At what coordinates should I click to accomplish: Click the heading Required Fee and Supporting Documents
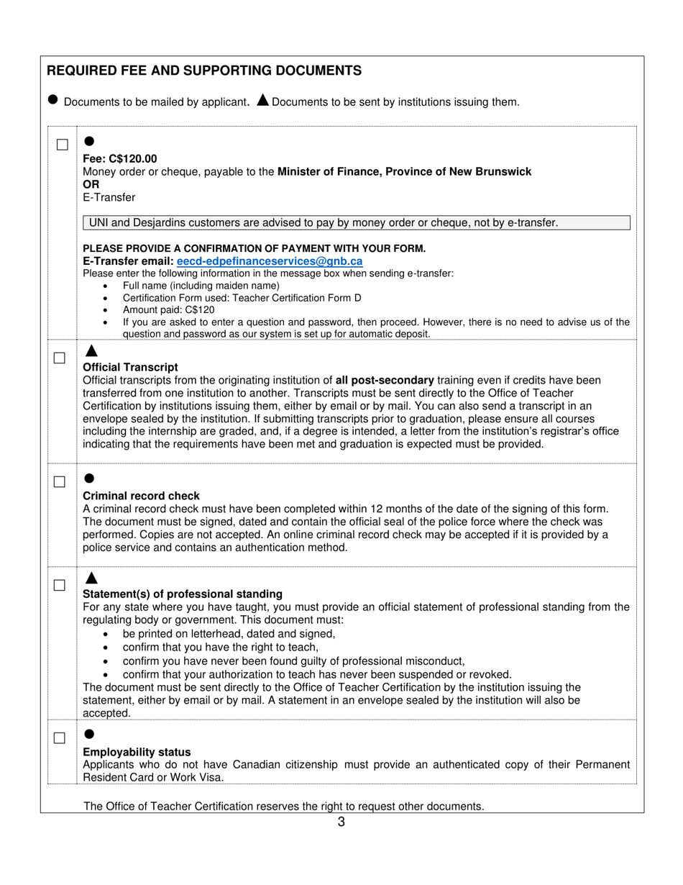[x=204, y=71]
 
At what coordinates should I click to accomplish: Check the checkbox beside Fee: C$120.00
[x=63, y=145]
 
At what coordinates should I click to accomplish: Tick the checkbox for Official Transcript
[x=60, y=358]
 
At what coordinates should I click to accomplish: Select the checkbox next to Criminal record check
[x=60, y=481]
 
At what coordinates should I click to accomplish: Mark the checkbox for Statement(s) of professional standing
[x=60, y=585]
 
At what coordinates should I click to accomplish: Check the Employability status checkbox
[x=60, y=737]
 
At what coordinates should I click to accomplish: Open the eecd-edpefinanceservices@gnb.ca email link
[x=270, y=261]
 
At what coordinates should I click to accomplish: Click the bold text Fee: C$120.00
[x=120, y=158]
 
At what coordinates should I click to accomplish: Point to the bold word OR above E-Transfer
[x=91, y=184]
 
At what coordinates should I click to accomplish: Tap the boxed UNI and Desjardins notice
[x=357, y=223]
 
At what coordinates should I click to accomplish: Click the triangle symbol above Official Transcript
[x=91, y=351]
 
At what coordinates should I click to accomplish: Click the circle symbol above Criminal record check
[x=89, y=478]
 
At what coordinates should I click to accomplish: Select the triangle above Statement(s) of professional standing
[x=91, y=578]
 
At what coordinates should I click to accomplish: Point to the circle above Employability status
[x=89, y=734]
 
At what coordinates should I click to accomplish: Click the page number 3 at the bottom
[x=341, y=822]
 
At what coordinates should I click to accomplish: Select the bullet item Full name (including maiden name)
[x=191, y=286]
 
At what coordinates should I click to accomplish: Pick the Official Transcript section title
[x=130, y=367]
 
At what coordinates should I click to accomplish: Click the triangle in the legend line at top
[x=262, y=100]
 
